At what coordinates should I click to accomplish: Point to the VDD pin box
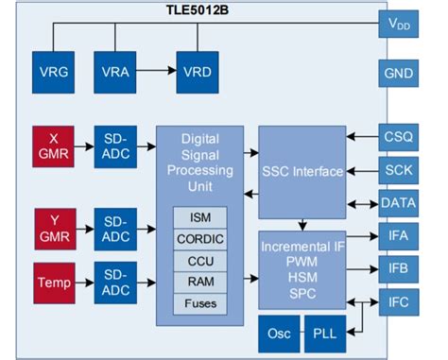pos(399,25)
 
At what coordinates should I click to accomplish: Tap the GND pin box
pos(399,73)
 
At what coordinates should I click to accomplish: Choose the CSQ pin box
pos(399,138)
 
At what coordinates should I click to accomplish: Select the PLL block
pos(325,334)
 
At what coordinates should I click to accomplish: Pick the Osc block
pos(279,334)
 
